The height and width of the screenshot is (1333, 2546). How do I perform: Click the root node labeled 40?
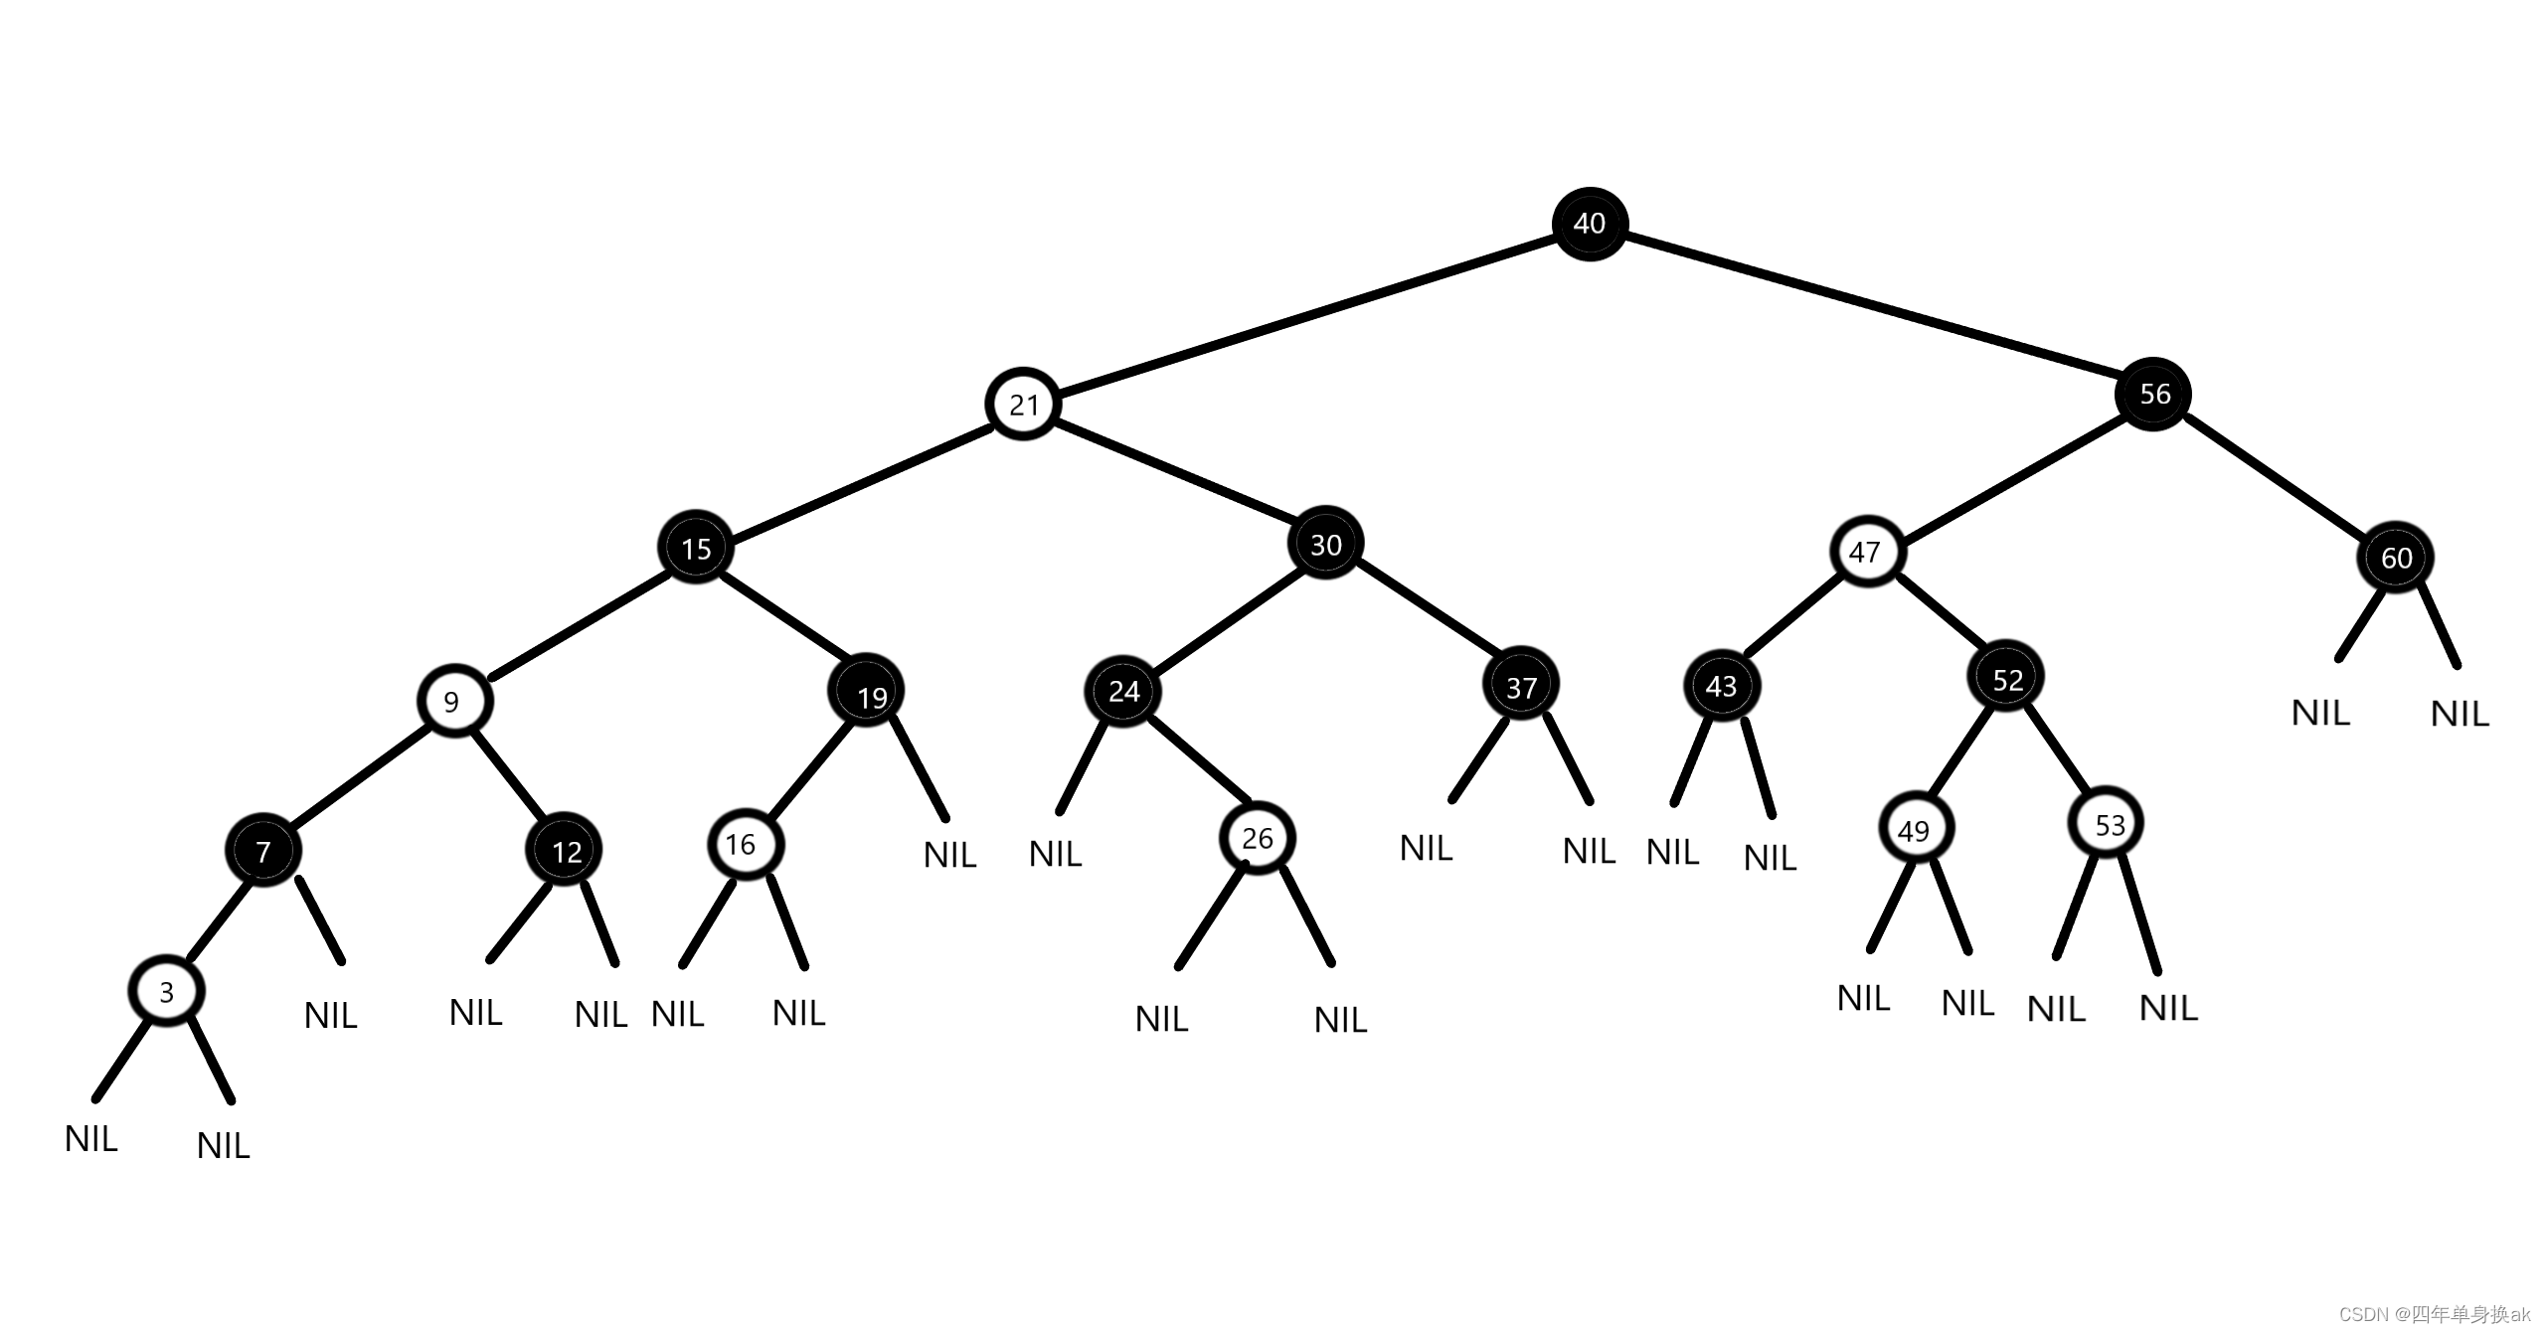pos(1590,224)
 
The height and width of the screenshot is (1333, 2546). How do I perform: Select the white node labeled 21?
pos(1023,405)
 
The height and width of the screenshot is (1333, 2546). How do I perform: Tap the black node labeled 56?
pos(2153,394)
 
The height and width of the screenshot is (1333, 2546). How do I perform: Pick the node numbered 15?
pos(696,548)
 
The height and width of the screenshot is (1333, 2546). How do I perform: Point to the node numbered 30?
pos(1325,544)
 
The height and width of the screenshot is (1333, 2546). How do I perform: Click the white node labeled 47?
pos(1867,552)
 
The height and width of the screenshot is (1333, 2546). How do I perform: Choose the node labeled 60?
pos(2396,558)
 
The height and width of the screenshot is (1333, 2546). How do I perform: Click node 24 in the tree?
pos(1123,691)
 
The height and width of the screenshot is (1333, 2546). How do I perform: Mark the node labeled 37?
pos(1521,685)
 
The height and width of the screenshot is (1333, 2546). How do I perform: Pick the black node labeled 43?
pos(1722,686)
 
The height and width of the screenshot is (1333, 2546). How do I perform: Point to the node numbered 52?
pos(2006,679)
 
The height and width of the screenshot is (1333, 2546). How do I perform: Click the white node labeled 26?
pos(1258,838)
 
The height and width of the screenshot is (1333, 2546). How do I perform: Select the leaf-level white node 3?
pos(167,991)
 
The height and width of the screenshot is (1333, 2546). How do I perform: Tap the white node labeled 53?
pos(2107,824)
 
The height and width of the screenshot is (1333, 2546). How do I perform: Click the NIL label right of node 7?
pos(331,1016)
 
